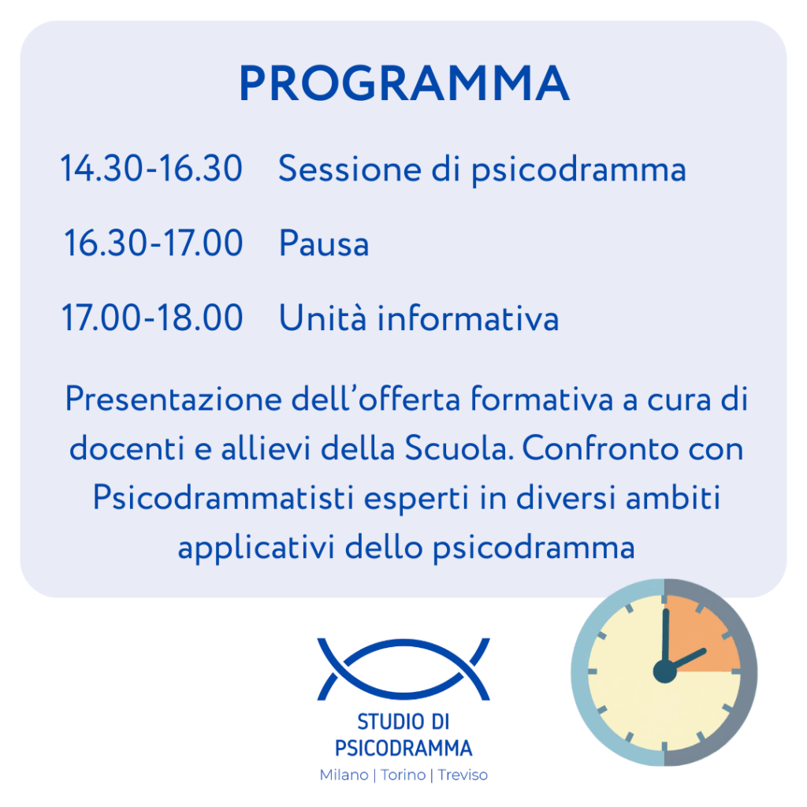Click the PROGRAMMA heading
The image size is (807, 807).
pos(404,84)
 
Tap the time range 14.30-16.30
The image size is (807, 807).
pos(151,169)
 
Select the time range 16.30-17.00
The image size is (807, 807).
pos(154,243)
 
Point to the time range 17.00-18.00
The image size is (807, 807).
pos(152,318)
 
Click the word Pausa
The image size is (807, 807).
pos(324,243)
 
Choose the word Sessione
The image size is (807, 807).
pos(350,169)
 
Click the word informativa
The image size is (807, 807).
pos(468,318)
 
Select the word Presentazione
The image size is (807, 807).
pos(173,400)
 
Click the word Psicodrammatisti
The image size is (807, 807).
pos(223,498)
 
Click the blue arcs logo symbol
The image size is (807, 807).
pos(403,669)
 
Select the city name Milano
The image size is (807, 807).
pos(344,775)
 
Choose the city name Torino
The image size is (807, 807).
pos(403,775)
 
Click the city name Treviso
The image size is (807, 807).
pos(463,775)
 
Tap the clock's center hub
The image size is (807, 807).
pos(664,671)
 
